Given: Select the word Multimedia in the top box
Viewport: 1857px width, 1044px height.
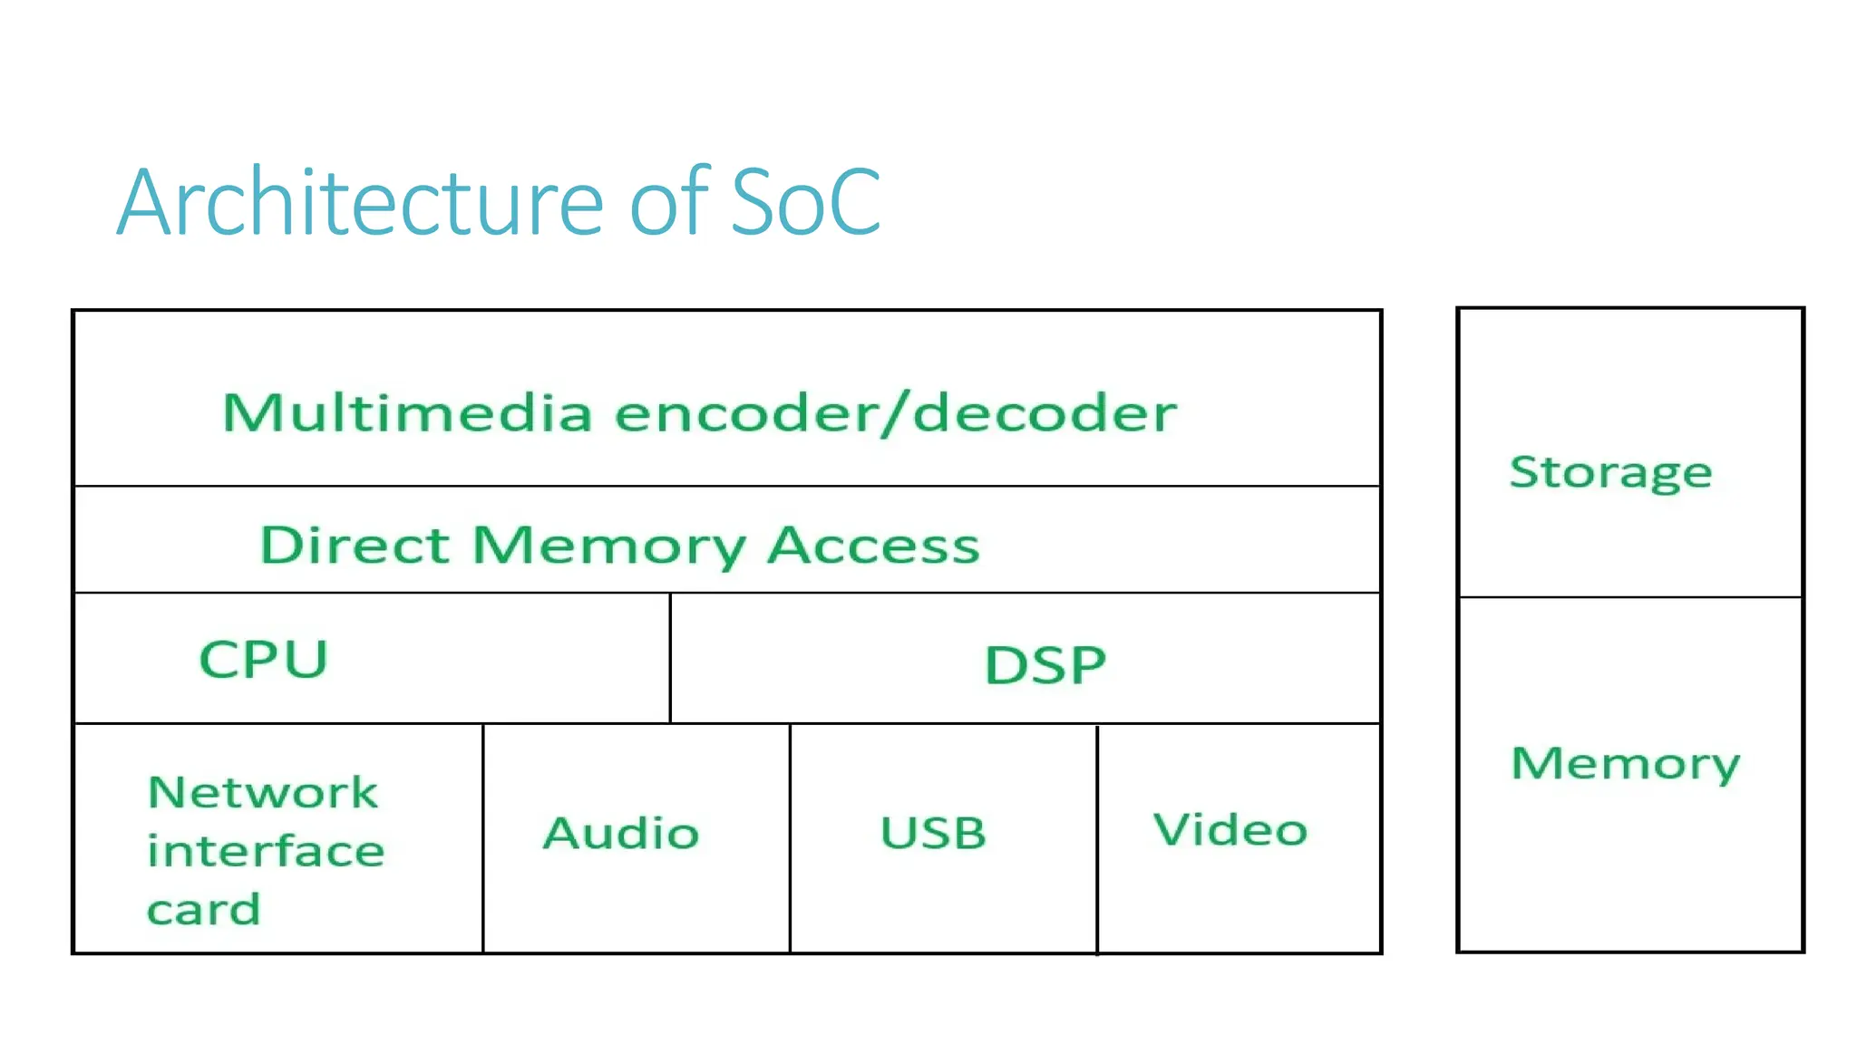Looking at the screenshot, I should (x=407, y=413).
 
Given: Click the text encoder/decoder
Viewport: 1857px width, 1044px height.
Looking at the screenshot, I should (x=895, y=413).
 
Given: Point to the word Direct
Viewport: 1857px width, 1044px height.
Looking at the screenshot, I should (x=355, y=546).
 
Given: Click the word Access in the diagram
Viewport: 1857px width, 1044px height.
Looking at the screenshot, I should (x=873, y=546).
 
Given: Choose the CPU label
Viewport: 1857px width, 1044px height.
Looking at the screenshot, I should (x=263, y=659).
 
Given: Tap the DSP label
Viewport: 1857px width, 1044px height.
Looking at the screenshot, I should (x=1045, y=665).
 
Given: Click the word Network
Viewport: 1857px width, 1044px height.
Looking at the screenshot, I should (x=262, y=793).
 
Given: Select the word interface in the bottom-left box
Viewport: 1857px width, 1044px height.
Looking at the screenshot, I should (x=266, y=851).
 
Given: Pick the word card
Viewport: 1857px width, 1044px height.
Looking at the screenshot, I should (x=204, y=909).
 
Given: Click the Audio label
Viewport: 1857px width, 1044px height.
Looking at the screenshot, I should (x=621, y=833).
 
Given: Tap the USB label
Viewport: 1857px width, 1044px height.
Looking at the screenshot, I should (x=933, y=833).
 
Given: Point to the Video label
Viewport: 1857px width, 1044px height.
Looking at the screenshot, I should (x=1230, y=829).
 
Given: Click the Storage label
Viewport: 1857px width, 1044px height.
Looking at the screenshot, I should (x=1610, y=472).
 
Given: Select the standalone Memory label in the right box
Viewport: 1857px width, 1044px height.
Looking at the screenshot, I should (x=1625, y=764).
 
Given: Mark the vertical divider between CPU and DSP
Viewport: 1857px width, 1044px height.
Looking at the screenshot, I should (x=670, y=658).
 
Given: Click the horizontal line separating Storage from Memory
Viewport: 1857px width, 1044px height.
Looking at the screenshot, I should (x=1629, y=597).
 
